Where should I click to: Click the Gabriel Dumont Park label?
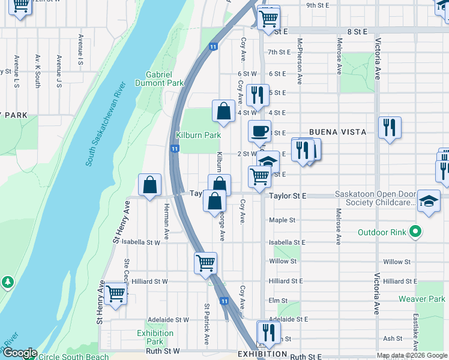tap(159, 79)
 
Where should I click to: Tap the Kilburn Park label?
tap(198, 136)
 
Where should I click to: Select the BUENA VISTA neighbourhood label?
tap(333, 132)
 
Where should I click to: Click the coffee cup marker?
tap(260, 131)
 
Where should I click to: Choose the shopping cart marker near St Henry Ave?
tap(115, 293)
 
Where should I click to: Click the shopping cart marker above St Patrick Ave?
tap(206, 263)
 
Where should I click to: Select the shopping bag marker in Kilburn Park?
tap(223, 112)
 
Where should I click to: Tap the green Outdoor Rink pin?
tap(415, 232)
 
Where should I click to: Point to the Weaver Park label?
tap(421, 299)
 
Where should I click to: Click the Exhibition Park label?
tap(155, 337)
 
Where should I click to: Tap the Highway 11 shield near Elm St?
tap(223, 301)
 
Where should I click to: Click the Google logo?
tap(19, 353)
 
